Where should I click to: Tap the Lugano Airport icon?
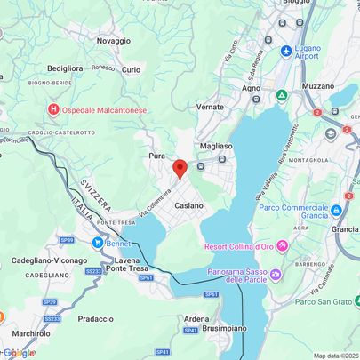[x=286, y=51]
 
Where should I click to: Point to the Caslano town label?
[x=188, y=205]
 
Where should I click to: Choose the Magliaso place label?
[x=216, y=146]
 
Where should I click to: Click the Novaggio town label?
[x=113, y=41]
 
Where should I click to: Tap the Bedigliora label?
[x=65, y=68]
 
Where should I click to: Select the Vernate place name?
[x=210, y=106]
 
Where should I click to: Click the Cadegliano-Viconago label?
[x=44, y=261]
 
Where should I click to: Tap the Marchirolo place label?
[x=32, y=333]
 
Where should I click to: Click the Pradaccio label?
[x=95, y=318]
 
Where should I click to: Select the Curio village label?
[x=131, y=69]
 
